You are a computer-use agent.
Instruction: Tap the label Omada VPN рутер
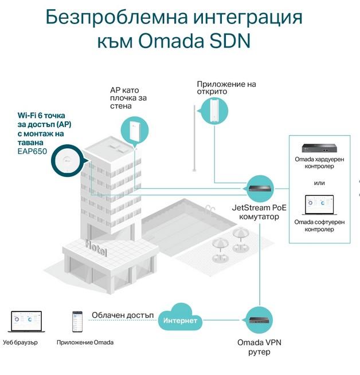[260, 347]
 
